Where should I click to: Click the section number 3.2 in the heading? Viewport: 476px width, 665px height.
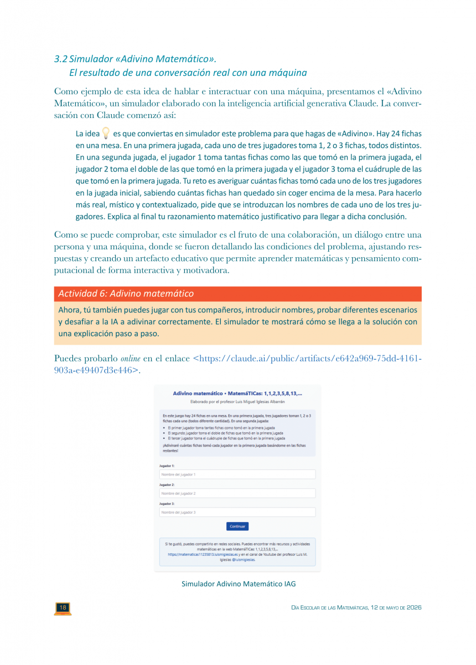60,59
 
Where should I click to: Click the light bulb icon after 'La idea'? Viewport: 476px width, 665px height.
106,134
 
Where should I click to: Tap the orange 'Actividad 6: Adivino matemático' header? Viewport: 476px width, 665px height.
126,294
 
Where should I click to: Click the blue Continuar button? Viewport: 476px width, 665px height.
237,526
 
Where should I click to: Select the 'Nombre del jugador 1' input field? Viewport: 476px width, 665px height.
237,475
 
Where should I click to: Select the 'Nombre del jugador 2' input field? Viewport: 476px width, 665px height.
237,493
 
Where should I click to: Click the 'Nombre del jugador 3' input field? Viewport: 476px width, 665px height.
237,513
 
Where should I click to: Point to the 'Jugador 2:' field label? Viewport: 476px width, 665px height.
167,485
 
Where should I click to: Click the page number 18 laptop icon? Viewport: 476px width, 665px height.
63,608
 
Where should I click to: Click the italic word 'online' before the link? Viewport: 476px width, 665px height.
130,359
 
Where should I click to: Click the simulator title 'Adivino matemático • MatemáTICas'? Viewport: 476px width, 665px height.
237,393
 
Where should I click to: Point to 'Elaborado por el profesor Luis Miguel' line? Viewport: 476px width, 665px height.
237,401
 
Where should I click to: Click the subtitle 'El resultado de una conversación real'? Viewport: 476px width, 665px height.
188,73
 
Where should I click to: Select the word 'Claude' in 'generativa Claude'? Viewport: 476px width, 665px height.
366,103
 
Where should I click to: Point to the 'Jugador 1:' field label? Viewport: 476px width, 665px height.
167,466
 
